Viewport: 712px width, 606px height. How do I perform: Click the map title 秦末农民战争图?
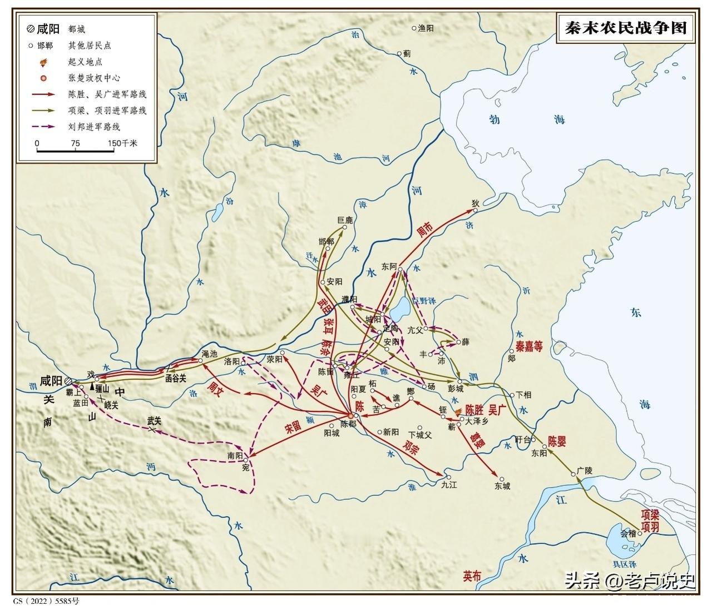[626, 28]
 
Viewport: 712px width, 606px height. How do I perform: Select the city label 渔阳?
[426, 28]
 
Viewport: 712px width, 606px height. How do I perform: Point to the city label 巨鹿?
[345, 220]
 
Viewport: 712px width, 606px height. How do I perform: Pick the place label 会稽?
[627, 533]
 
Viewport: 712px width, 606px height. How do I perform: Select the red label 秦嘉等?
[529, 347]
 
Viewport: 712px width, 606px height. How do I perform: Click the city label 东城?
[502, 486]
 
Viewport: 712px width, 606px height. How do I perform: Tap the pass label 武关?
[154, 420]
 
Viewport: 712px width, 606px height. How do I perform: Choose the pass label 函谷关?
[175, 377]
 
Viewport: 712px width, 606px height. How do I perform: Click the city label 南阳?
[235, 455]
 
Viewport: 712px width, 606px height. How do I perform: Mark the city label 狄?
[475, 203]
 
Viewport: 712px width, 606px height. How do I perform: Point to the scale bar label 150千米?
[122, 143]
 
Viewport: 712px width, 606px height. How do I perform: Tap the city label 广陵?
[585, 470]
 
